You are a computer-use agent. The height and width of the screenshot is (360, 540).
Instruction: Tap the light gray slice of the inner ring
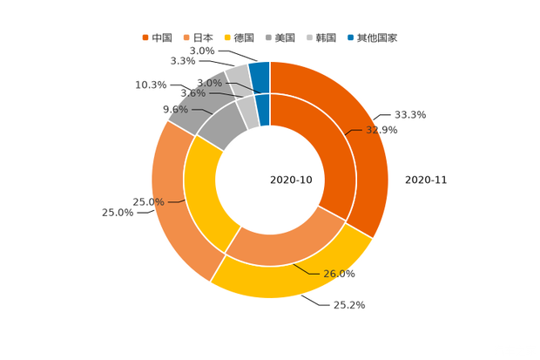point(247,112)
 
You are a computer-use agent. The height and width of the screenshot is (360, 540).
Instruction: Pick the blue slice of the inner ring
point(263,109)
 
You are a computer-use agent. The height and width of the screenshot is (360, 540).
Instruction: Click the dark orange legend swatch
point(145,37)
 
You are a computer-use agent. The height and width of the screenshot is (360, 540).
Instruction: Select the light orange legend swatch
point(186,37)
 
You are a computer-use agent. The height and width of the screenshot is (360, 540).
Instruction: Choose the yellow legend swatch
point(227,37)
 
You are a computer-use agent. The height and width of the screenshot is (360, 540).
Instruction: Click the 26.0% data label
point(340,274)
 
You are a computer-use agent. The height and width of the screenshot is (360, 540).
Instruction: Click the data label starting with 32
point(382,130)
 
